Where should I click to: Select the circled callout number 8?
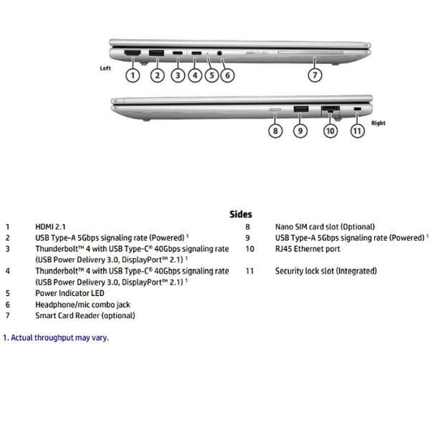pyautogui.click(x=276, y=130)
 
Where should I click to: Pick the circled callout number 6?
pyautogui.click(x=227, y=75)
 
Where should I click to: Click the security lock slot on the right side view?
pyautogui.click(x=359, y=109)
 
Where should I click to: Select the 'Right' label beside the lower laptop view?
pyautogui.click(x=379, y=123)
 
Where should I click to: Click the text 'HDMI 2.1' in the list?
pyautogui.click(x=52, y=227)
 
